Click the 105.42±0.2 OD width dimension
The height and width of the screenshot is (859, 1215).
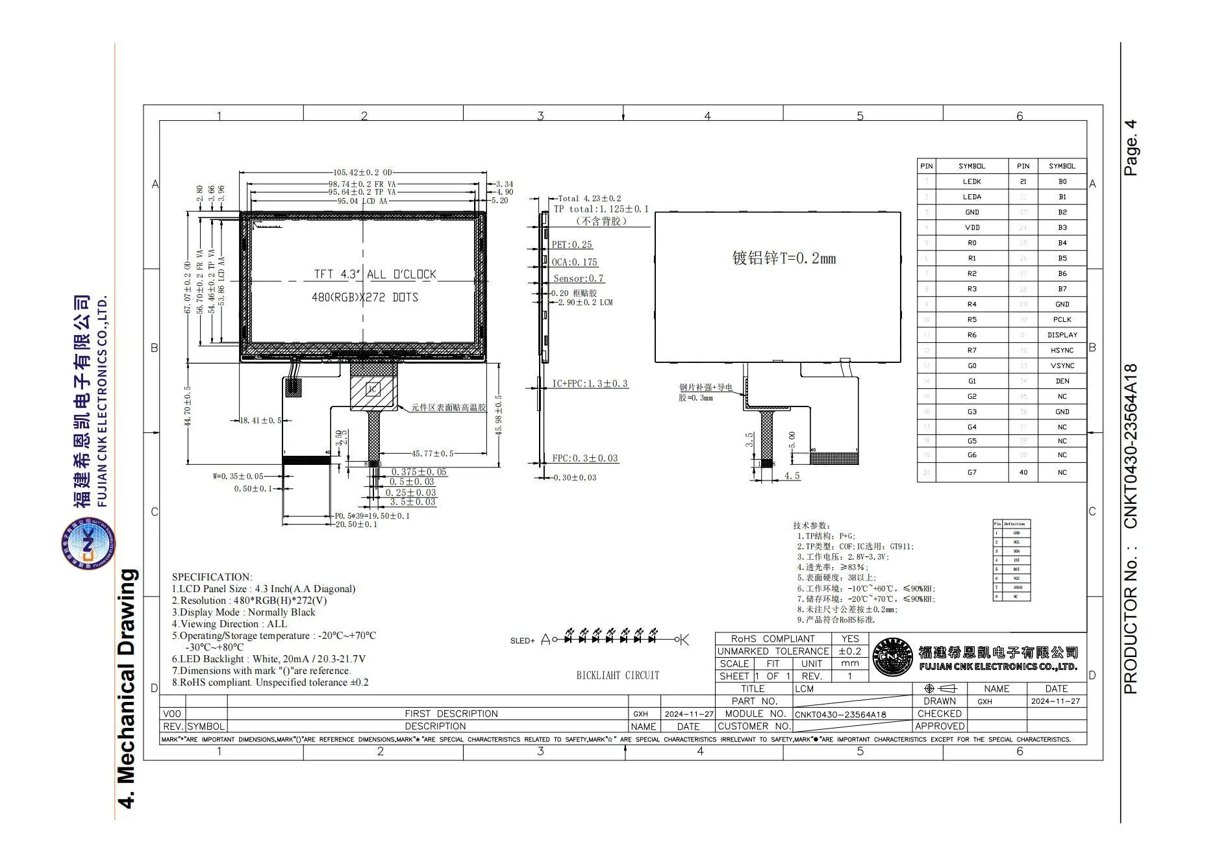[x=363, y=173]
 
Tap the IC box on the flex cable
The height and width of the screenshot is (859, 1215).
[x=373, y=390]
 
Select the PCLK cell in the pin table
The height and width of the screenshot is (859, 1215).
[x=1062, y=319]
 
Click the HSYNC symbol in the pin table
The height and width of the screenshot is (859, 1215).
[x=1062, y=351]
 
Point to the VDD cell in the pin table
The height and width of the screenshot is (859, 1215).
[x=971, y=228]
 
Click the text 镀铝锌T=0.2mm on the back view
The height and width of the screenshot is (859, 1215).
[x=784, y=258]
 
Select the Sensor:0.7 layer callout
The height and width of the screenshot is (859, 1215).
[x=578, y=279]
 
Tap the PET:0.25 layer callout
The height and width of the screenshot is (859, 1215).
[x=571, y=245]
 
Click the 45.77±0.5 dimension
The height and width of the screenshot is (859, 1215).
[x=432, y=454]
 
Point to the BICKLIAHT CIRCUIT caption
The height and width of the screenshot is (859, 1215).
[x=618, y=676]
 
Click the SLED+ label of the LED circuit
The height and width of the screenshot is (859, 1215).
[x=522, y=641]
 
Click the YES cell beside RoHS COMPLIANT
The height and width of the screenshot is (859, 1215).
[x=849, y=639]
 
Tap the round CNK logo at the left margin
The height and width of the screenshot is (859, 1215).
[x=88, y=543]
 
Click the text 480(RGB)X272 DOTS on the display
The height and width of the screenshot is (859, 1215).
[x=365, y=297]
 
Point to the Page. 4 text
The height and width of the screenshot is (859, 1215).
[x=1131, y=147]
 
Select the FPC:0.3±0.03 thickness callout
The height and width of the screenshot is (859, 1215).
[x=584, y=458]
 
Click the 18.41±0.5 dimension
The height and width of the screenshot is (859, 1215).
[x=260, y=421]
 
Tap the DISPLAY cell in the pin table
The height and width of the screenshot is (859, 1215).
[x=1062, y=335]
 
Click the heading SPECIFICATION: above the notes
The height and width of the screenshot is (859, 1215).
[x=212, y=577]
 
